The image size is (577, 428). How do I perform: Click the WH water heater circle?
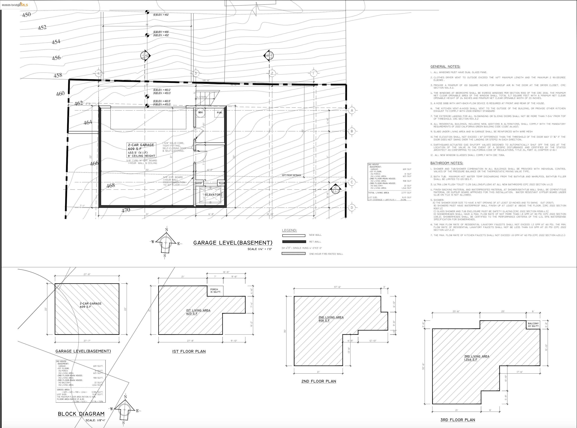point(200,113)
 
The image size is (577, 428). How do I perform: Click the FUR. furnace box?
point(219,113)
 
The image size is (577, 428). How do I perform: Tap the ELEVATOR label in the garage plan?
point(213,195)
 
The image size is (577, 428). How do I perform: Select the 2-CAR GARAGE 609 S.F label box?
point(141,150)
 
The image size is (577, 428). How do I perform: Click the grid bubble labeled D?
point(352,208)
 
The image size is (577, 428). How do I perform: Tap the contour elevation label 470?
point(126,210)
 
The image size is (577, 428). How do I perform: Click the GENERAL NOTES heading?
point(445,67)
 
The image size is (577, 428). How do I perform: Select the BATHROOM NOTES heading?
point(446,163)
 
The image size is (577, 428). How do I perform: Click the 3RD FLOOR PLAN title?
point(458,420)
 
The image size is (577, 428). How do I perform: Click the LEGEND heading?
point(289,230)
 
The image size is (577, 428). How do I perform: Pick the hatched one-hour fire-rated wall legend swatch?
point(293,254)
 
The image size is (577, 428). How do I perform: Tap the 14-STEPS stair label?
point(202,97)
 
